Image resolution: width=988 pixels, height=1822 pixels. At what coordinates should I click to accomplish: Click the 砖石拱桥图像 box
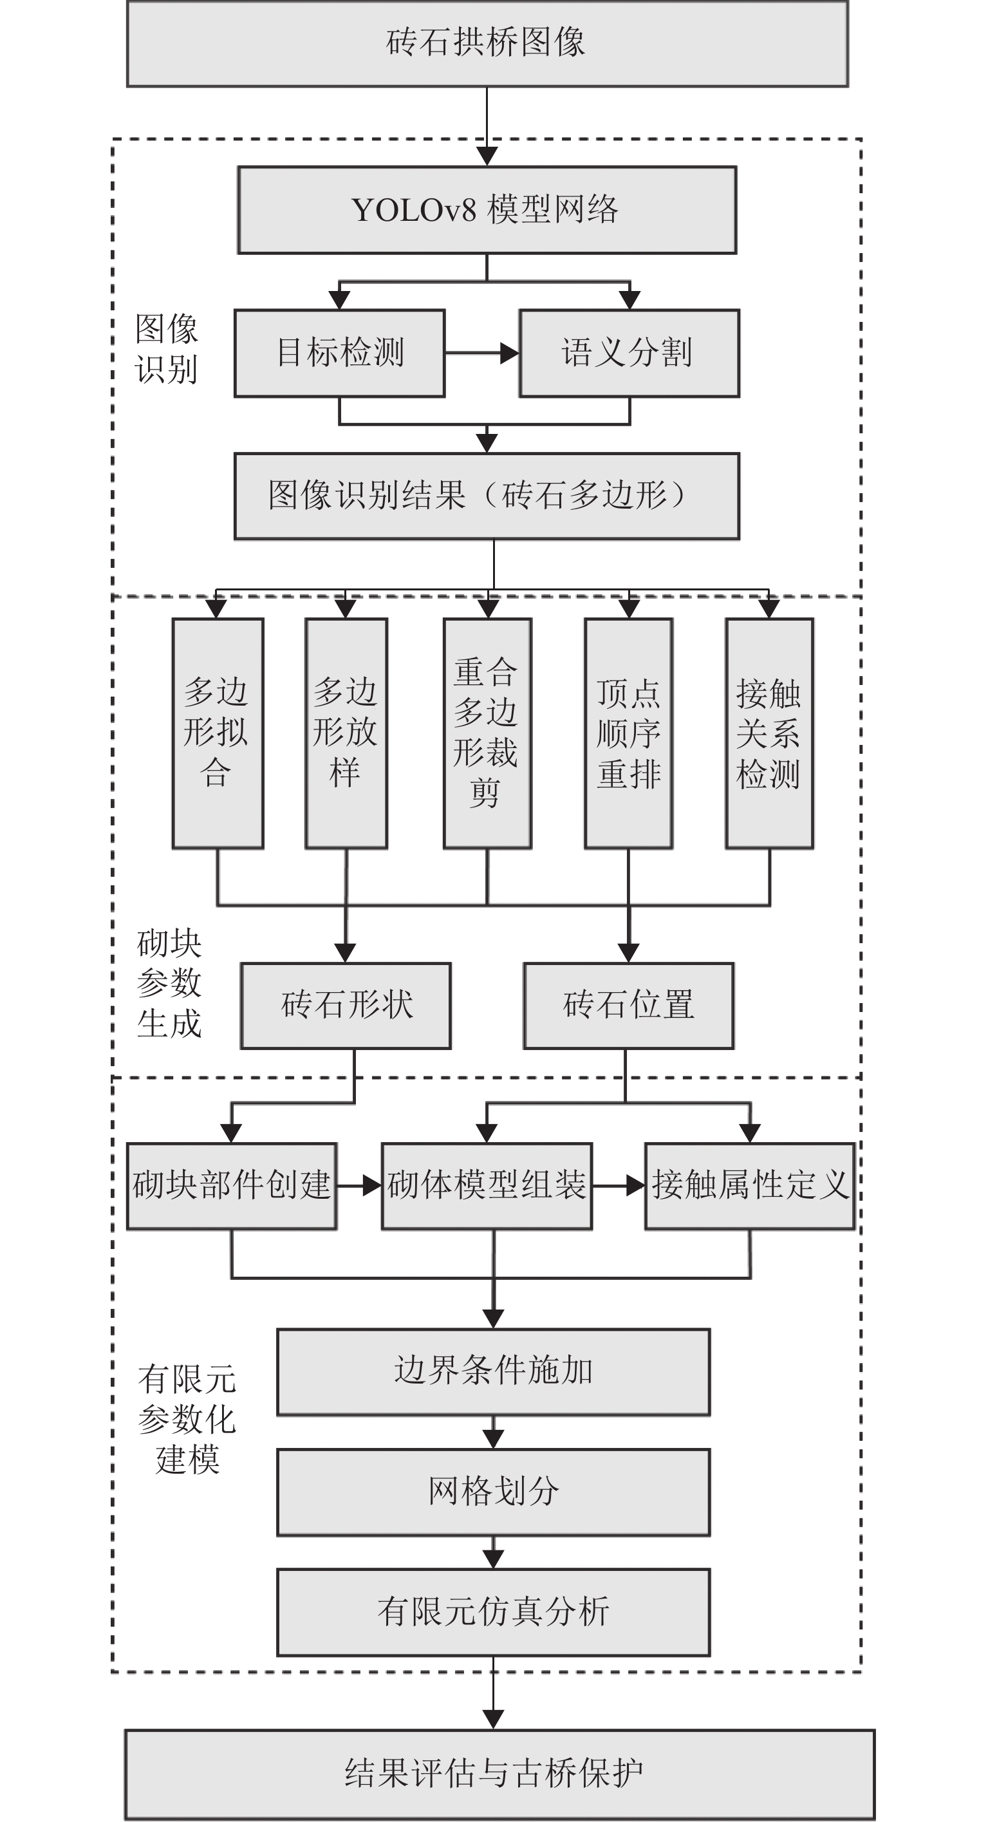point(487,44)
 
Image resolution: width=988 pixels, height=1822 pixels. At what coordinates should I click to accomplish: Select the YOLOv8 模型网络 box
point(487,210)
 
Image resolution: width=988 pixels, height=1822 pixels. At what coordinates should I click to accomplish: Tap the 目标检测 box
point(339,353)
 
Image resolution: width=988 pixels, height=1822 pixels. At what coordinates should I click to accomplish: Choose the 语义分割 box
point(629,353)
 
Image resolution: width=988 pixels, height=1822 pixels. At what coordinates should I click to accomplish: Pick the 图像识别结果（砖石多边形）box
point(487,496)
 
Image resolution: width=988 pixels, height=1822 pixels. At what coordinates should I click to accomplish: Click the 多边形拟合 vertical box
point(218,733)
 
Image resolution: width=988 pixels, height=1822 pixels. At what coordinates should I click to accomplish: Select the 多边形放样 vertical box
point(346,733)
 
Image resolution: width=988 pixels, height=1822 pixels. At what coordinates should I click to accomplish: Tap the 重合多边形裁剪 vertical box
point(487,733)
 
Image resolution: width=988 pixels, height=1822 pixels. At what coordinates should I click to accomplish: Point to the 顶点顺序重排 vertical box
point(628,733)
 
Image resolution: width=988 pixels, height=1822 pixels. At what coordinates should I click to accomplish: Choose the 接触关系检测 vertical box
point(769,733)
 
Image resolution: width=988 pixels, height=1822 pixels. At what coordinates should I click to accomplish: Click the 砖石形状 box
point(346,1006)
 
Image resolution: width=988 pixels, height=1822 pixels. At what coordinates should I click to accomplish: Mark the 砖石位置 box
point(628,1006)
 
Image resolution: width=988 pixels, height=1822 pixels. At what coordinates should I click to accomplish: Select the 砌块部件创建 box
point(231,1186)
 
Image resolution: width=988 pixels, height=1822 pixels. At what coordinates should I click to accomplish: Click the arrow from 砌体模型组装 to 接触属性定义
point(618,1186)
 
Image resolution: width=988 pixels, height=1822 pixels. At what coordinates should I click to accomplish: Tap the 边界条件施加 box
point(493,1372)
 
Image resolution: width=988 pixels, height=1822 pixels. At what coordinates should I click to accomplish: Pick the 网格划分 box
point(493,1492)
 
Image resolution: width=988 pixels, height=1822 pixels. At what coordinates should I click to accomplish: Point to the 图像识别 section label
point(166,350)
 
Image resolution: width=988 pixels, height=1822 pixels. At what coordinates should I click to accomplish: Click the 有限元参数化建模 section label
point(187,1420)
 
